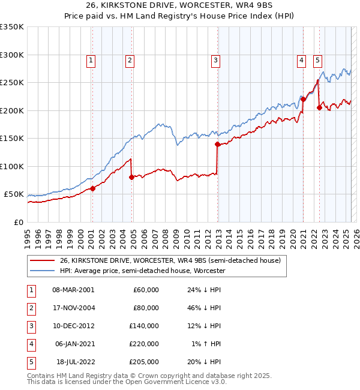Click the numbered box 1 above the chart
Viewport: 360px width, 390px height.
coord(91,59)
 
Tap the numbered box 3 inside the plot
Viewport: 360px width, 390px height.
coord(215,59)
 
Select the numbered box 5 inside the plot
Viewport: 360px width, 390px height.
coord(317,59)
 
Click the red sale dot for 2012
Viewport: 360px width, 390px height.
coord(218,144)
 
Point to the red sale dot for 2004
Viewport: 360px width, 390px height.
coord(132,177)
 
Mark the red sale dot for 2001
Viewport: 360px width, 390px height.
coord(92,188)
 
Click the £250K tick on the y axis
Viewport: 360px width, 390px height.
coord(12,83)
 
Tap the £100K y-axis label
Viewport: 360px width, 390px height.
coord(12,166)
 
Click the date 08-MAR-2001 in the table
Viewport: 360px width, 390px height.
coord(73,289)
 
